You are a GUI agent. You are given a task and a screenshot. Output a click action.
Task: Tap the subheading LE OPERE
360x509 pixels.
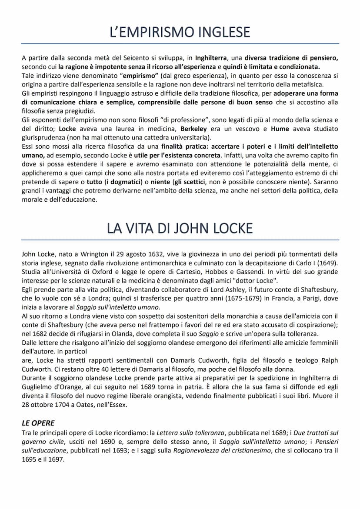pyautogui.click(x=38, y=423)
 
